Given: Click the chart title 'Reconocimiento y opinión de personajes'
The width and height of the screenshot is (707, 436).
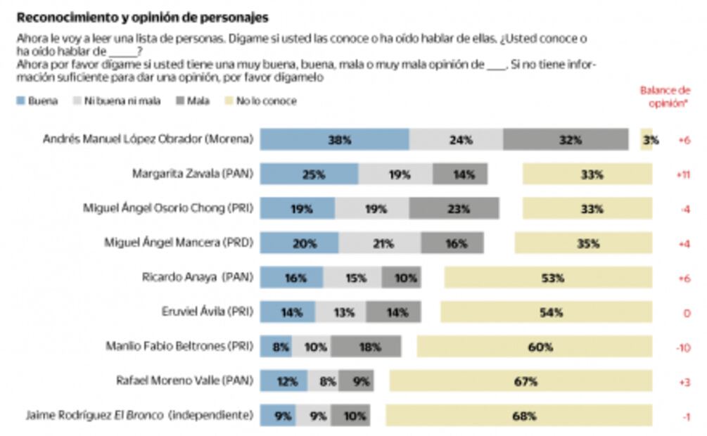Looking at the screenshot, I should [142, 18].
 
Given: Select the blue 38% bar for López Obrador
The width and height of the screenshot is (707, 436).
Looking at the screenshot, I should [334, 139].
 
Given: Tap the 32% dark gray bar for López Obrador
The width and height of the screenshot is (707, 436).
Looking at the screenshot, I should [566, 139].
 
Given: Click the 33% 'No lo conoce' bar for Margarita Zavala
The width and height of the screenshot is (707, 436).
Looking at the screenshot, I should [587, 174].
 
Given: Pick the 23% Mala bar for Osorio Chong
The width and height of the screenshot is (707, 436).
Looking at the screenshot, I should [454, 208].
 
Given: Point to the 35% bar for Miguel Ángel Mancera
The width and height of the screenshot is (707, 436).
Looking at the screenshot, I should [583, 243].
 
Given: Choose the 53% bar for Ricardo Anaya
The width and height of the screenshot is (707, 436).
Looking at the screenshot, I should [548, 278].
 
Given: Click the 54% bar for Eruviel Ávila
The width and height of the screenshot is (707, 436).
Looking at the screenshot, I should [547, 312].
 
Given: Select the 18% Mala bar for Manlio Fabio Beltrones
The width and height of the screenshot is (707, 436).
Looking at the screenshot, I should [366, 347].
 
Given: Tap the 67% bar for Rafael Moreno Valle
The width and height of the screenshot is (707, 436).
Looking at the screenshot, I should [521, 381].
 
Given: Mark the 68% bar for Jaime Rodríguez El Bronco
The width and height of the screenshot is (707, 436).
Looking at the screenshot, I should [519, 416].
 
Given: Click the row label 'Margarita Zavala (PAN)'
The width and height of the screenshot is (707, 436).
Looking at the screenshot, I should [192, 174].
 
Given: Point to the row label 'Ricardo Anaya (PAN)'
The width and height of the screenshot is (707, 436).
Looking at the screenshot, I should [197, 278].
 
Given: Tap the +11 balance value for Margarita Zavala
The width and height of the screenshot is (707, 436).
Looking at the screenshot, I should [682, 174].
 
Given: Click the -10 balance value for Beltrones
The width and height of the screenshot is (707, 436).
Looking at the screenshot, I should [683, 347].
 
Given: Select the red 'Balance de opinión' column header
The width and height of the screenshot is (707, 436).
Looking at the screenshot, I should [664, 96].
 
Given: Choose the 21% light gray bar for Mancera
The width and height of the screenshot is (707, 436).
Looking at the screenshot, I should [380, 243].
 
